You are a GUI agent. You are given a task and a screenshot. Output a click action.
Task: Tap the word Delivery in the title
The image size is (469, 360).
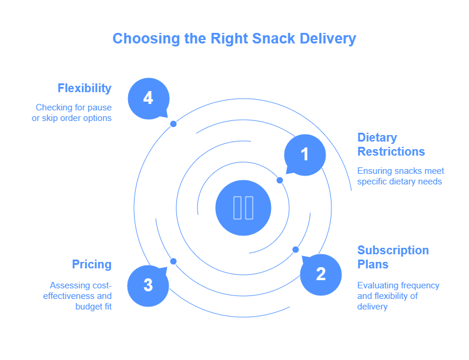(330, 39)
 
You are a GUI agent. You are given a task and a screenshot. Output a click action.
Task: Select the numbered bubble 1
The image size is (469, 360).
(304, 154)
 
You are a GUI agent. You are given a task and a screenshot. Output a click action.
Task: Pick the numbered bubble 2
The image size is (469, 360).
(320, 274)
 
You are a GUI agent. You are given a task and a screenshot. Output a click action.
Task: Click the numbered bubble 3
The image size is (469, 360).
(148, 285)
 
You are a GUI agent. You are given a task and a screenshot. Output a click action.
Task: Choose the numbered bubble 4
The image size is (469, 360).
(148, 98)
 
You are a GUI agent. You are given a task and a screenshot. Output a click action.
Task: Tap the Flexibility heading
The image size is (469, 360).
(85, 88)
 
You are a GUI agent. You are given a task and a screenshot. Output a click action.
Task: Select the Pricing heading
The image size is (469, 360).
(92, 264)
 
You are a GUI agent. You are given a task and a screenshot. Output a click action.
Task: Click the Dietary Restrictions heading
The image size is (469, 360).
(391, 144)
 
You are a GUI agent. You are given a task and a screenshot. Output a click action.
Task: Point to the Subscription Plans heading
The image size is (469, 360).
(393, 257)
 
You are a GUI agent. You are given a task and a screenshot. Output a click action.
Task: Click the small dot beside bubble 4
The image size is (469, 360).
(173, 124)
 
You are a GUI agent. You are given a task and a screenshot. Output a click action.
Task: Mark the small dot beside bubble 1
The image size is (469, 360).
(280, 180)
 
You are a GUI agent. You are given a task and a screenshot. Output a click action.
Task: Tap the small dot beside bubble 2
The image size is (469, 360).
(296, 250)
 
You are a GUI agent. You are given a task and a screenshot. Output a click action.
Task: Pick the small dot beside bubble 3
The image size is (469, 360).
(173, 261)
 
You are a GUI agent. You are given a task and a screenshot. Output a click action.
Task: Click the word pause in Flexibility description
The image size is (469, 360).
(99, 107)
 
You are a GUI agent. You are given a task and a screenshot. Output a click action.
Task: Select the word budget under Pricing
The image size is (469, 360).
(88, 307)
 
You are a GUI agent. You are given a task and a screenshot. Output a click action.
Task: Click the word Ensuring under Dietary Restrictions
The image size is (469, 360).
(374, 171)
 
